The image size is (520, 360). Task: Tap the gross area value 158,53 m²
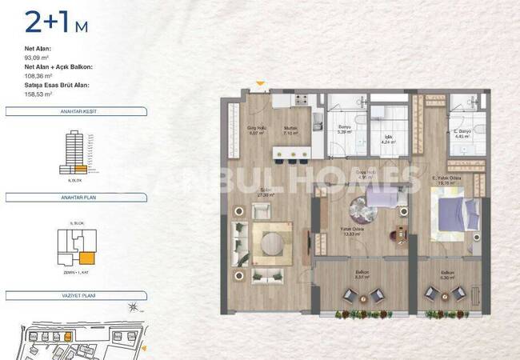tap(38, 94)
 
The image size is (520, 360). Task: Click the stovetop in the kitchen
tap(302, 101)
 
